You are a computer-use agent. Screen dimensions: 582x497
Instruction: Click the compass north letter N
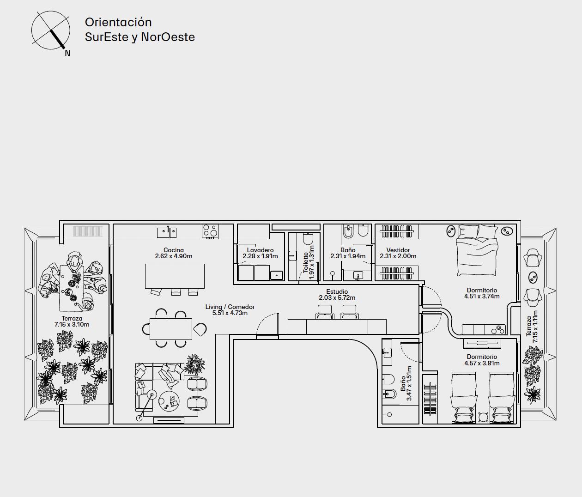tap(67, 53)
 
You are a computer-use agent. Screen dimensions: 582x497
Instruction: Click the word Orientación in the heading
tap(118, 22)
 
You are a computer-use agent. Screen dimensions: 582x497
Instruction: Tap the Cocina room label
tap(174, 250)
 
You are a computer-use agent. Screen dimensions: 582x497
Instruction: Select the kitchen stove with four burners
tap(210, 231)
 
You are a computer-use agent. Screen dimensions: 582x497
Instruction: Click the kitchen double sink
tap(167, 233)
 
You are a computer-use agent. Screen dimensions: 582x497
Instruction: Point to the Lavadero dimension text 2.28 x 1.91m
tap(260, 256)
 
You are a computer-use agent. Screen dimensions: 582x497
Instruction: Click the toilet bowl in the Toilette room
tap(308, 239)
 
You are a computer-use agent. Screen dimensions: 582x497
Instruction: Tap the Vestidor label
tap(398, 250)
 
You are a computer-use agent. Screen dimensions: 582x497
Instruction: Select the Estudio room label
tap(337, 292)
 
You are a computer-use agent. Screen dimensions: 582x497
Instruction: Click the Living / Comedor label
tap(230, 307)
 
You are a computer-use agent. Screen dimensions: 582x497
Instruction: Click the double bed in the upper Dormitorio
tap(477, 250)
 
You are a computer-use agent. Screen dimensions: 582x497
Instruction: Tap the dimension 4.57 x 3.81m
tap(482, 364)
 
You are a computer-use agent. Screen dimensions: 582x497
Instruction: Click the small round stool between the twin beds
tap(483, 417)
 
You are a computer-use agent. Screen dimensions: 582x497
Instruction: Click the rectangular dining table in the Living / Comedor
tap(171, 329)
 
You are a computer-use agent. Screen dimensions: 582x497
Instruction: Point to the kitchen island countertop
tap(175, 276)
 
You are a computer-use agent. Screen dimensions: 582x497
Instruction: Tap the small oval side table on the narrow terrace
tap(533, 278)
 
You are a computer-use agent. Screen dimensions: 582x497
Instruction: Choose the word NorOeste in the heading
tap(168, 37)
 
